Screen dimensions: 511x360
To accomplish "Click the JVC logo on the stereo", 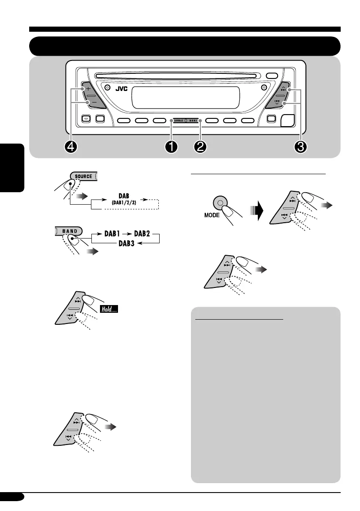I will coord(122,91).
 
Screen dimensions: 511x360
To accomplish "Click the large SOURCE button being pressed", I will coord(83,176).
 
